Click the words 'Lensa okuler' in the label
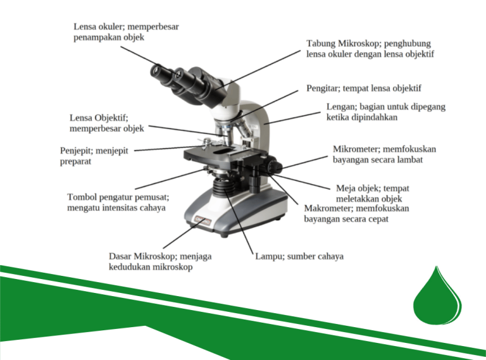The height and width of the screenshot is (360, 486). coord(99,27)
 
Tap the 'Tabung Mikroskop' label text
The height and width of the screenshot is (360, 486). coord(344,44)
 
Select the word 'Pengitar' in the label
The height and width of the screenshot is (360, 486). coord(322,89)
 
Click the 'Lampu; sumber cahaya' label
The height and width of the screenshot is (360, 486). coord(299,256)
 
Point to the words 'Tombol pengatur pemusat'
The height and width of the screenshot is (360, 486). coord(118,197)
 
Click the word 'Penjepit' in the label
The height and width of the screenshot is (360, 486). coord(76,151)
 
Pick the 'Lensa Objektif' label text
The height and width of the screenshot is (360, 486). coord(98,118)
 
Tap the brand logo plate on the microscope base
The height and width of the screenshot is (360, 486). coord(202,221)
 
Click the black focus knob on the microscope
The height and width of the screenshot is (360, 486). coord(273,165)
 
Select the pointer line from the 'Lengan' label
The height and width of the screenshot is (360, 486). coord(292,118)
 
